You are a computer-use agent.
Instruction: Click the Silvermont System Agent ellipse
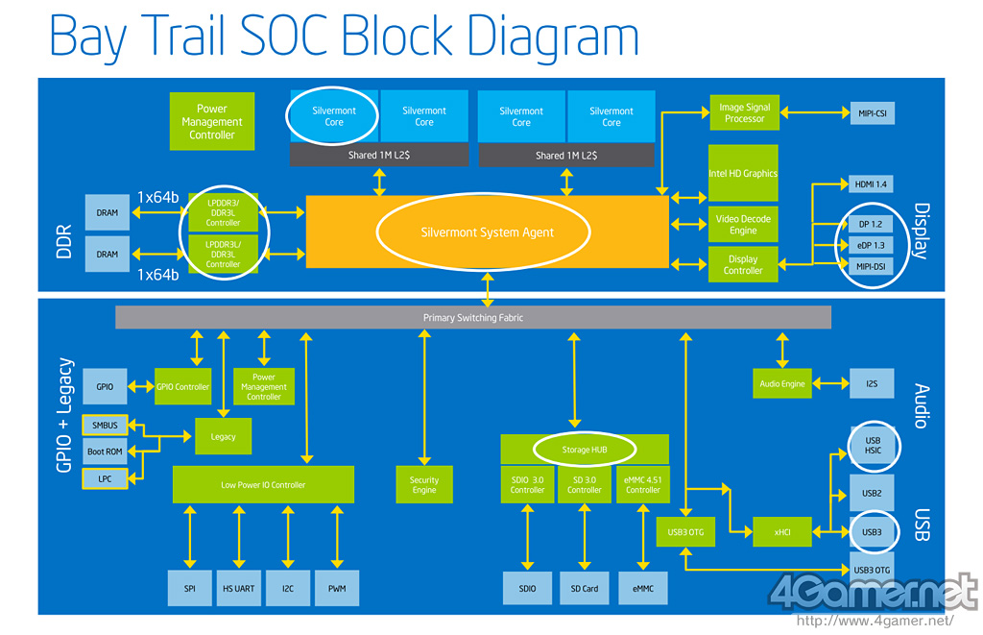tap(487, 232)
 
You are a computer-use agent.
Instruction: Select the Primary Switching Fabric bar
tap(473, 317)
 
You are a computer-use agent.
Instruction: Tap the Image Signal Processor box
tap(744, 113)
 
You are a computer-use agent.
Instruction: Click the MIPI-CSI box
tap(872, 113)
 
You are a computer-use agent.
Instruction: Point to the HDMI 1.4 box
tap(872, 183)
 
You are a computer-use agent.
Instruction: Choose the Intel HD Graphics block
tap(743, 173)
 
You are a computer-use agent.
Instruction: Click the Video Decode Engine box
tap(743, 225)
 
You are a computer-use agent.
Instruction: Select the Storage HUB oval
tap(584, 449)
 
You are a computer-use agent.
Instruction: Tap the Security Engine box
tap(423, 485)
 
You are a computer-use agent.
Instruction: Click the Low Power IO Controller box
tap(263, 485)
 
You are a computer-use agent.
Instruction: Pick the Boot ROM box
tap(104, 451)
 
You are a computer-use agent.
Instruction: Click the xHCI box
tap(781, 529)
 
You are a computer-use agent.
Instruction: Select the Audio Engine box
tap(781, 384)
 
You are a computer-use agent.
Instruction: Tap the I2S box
tap(872, 384)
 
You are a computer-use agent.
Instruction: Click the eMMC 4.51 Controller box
tap(643, 484)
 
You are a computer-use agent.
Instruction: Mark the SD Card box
tap(584, 588)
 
